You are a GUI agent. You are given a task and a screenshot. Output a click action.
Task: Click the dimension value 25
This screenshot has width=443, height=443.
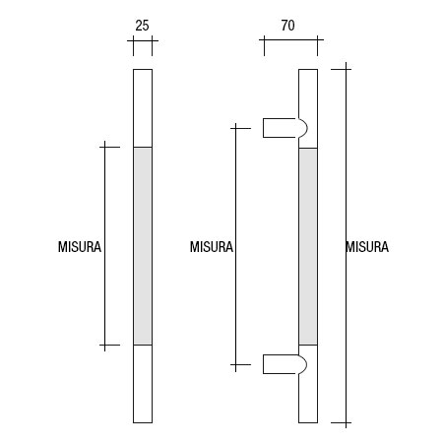[142, 27]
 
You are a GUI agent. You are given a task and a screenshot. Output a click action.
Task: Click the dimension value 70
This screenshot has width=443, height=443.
[288, 27]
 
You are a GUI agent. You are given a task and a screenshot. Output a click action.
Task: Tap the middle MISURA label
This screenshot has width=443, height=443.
[211, 248]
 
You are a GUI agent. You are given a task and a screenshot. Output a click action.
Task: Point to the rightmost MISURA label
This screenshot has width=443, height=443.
[367, 248]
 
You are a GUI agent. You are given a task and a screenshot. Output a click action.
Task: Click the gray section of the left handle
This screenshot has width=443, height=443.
[142, 246]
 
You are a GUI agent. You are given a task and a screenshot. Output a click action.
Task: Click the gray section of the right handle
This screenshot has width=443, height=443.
[308, 246]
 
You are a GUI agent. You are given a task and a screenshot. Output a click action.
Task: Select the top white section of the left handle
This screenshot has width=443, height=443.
[142, 107]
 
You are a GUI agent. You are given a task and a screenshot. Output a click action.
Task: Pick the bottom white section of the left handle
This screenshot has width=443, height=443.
[142, 384]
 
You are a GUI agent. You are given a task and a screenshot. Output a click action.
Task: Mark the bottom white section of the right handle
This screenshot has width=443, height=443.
[308, 394]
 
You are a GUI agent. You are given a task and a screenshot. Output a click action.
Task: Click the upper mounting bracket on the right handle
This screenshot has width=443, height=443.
[284, 127]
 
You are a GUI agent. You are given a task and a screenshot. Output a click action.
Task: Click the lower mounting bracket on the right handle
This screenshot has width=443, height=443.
[284, 364]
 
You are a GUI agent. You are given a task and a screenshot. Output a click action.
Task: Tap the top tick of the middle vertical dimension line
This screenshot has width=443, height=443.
[236, 127]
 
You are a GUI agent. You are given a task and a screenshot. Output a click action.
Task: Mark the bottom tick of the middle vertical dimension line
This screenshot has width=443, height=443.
[236, 365]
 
